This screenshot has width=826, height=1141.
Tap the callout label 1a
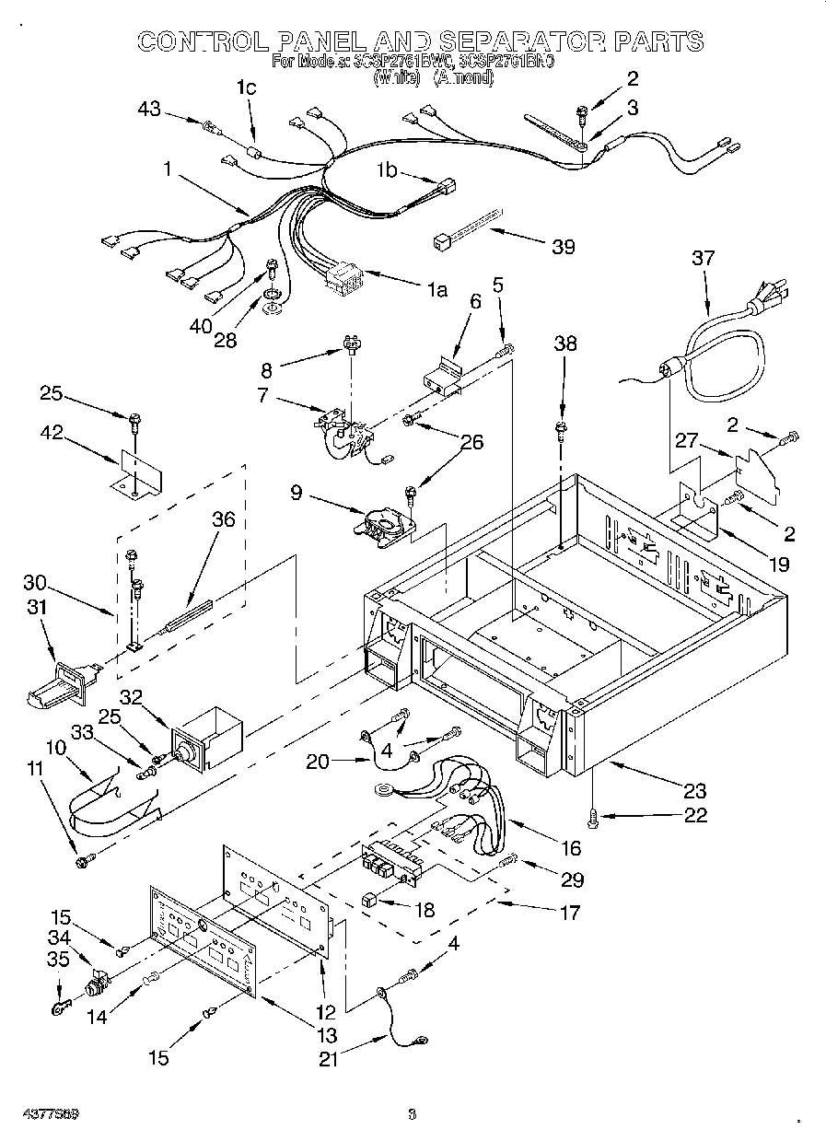[436, 291]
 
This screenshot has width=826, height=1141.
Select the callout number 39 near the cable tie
[563, 247]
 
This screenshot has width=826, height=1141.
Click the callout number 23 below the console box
[694, 790]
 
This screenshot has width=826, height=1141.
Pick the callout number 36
[223, 519]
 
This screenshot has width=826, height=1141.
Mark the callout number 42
[52, 433]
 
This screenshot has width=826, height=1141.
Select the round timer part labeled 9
[379, 522]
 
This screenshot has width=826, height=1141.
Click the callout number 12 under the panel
[325, 1012]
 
